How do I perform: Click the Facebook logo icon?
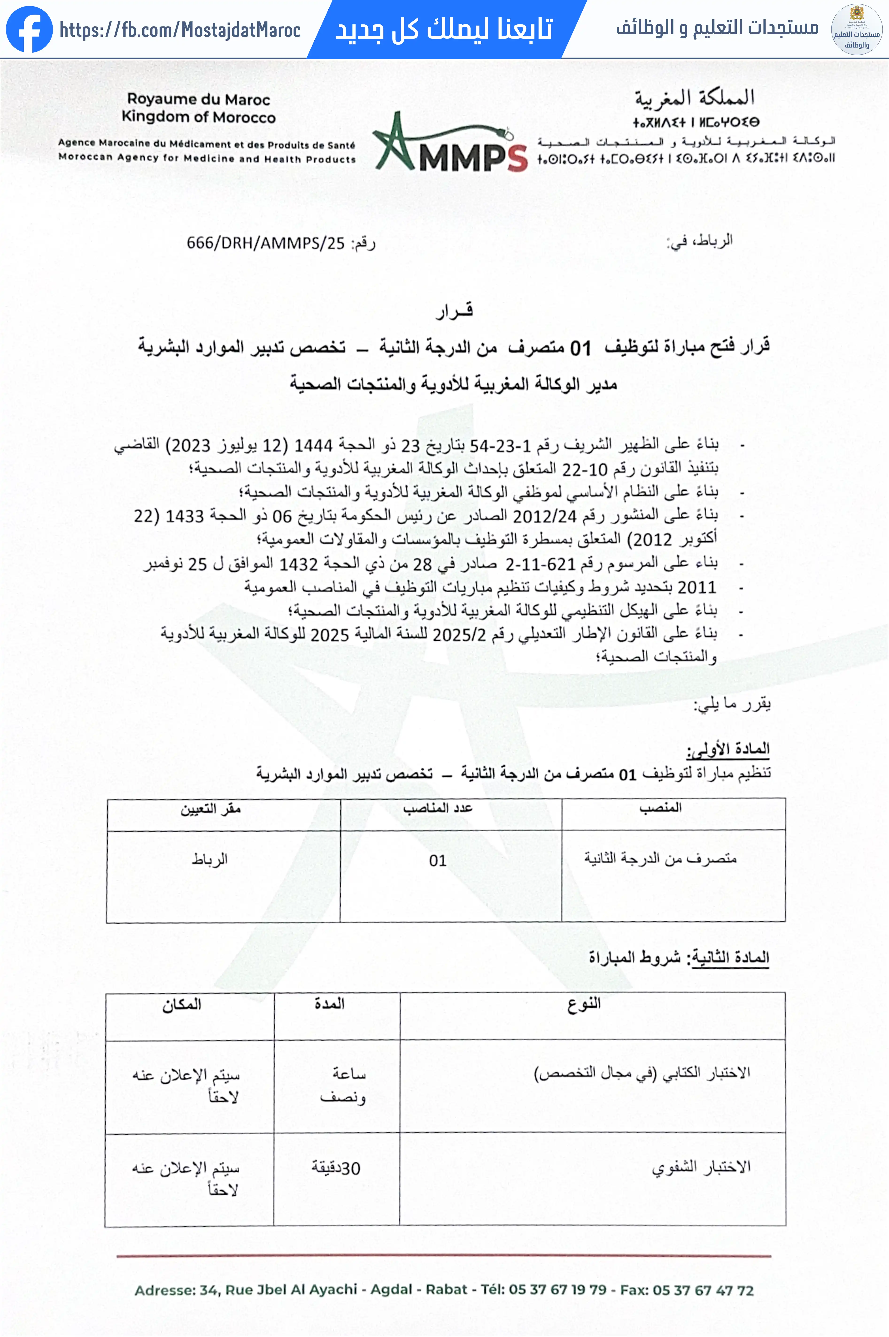tap(29, 30)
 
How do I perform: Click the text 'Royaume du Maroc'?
tap(198, 99)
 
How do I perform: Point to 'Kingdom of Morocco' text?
tap(198, 117)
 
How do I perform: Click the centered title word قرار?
tap(454, 311)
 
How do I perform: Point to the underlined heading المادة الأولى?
tap(728, 750)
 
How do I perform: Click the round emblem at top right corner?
tap(856, 30)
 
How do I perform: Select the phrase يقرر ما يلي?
tap(733, 704)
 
